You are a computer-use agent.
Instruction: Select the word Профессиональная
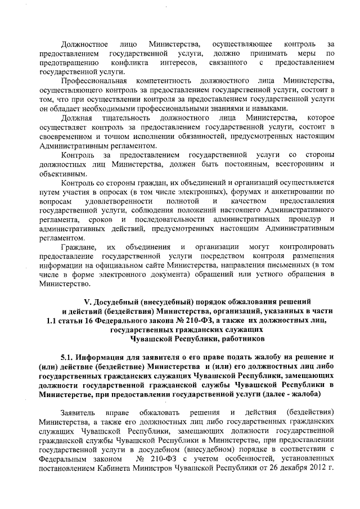(x=93, y=81)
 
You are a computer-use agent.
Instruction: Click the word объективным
(x=59, y=173)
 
